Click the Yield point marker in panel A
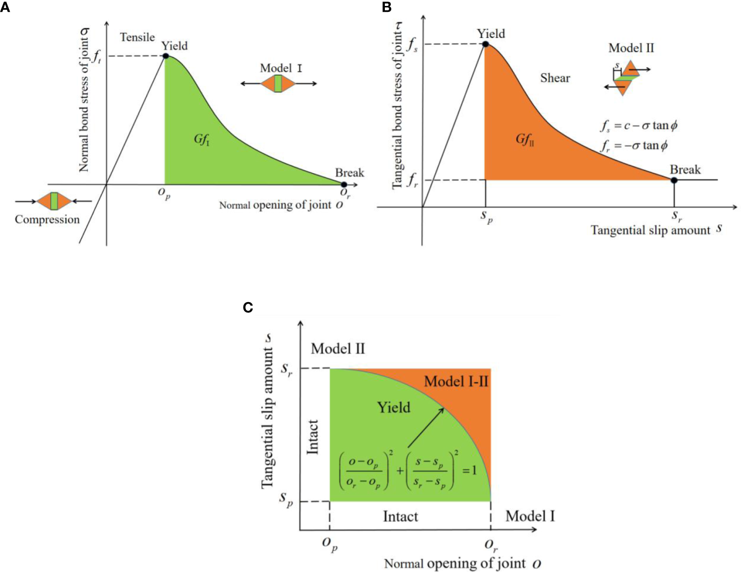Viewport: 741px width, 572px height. click(x=166, y=56)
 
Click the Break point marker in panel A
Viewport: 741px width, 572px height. click(x=344, y=185)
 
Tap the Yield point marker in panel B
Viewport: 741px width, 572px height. click(x=485, y=44)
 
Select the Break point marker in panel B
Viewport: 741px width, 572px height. click(x=674, y=180)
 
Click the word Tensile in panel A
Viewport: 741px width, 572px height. click(x=137, y=37)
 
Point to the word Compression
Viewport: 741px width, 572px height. click(x=47, y=220)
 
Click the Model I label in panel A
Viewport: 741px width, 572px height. click(x=280, y=68)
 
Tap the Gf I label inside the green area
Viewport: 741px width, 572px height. click(x=201, y=140)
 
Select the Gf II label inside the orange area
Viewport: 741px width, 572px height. click(x=524, y=140)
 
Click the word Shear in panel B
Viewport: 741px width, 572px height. click(x=555, y=78)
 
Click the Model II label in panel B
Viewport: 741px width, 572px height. click(x=631, y=48)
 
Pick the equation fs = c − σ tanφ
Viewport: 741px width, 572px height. click(x=638, y=126)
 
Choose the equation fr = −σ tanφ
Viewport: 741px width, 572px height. click(x=634, y=145)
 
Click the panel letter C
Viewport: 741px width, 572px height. click(x=248, y=308)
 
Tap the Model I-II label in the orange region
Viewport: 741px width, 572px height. click(x=456, y=381)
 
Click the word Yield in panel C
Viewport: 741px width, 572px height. click(x=393, y=407)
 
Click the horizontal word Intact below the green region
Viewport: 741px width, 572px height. click(x=400, y=517)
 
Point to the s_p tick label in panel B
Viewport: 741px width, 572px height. click(x=487, y=218)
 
